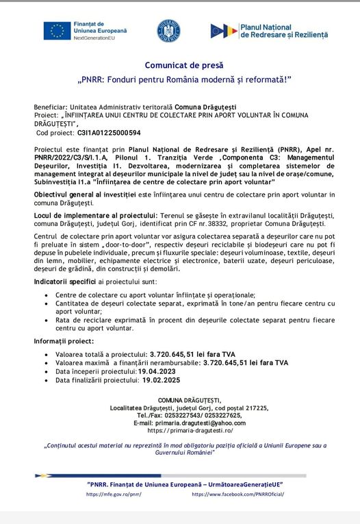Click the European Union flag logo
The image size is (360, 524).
pos(57,31)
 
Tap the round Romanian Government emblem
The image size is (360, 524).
pos(168,31)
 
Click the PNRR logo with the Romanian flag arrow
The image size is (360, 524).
pos(224,31)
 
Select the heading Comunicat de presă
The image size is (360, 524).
pos(180,65)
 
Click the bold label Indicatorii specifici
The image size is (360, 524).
pos(65,282)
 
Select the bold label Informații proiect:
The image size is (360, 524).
pos(64,341)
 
